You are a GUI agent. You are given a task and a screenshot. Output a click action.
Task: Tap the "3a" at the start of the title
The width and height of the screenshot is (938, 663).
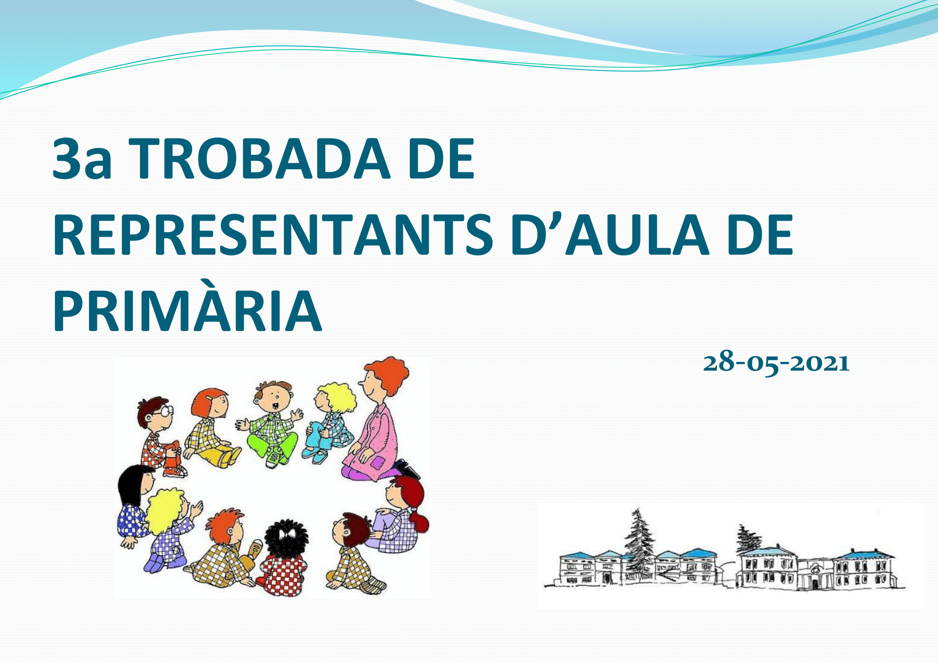(x=82, y=158)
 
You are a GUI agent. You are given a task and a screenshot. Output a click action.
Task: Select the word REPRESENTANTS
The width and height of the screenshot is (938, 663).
(x=272, y=235)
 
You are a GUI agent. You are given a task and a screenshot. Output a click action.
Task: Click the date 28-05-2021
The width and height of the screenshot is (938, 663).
(x=776, y=362)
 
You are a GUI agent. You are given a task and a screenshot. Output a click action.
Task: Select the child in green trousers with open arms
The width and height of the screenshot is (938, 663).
(x=271, y=425)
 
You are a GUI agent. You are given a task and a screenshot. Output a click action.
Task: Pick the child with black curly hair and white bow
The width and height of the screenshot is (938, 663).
(x=284, y=558)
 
